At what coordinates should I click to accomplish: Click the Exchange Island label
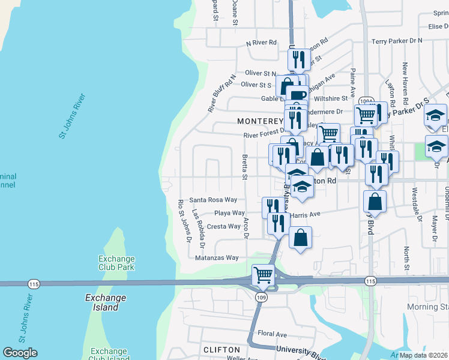(x=106, y=302)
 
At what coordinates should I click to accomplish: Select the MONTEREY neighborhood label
(x=259, y=121)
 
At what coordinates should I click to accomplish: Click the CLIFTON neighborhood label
(x=222, y=349)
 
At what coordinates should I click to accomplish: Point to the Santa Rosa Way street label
(x=213, y=200)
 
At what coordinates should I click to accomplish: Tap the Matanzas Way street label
(x=217, y=258)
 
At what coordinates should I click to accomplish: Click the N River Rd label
(x=261, y=43)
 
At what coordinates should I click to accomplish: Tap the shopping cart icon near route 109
(x=263, y=275)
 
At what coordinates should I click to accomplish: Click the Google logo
(x=20, y=353)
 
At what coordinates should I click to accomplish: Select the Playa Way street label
(x=230, y=213)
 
